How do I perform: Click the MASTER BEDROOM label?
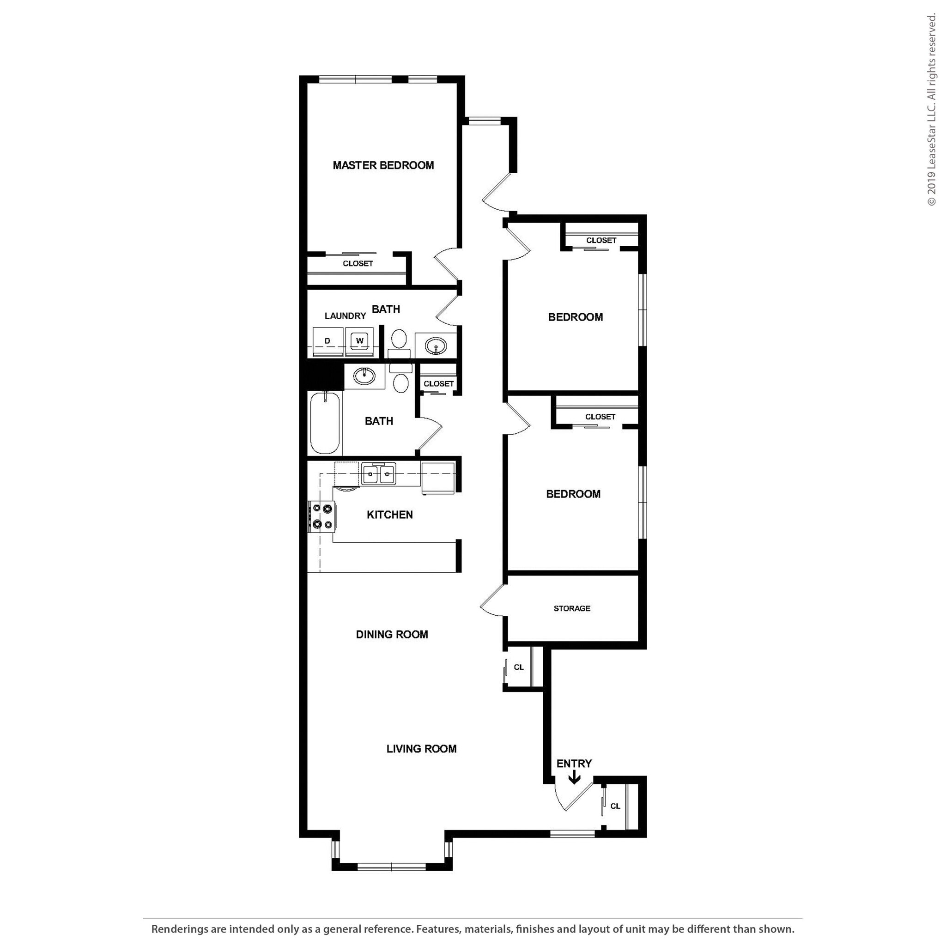coord(383,165)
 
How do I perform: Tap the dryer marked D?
coord(327,341)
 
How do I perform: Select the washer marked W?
coord(360,341)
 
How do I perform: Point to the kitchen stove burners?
coord(323,516)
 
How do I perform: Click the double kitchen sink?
coord(378,474)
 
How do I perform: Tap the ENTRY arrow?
coord(574,777)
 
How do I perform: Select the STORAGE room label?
coord(572,609)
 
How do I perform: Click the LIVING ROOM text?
coord(422,749)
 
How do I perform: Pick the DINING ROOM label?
coord(392,635)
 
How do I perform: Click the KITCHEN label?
coord(390,515)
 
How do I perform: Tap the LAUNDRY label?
coord(345,316)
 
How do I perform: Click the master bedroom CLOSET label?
coord(358,263)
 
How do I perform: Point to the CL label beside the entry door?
coord(615,807)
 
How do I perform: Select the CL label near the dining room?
coord(519,667)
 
